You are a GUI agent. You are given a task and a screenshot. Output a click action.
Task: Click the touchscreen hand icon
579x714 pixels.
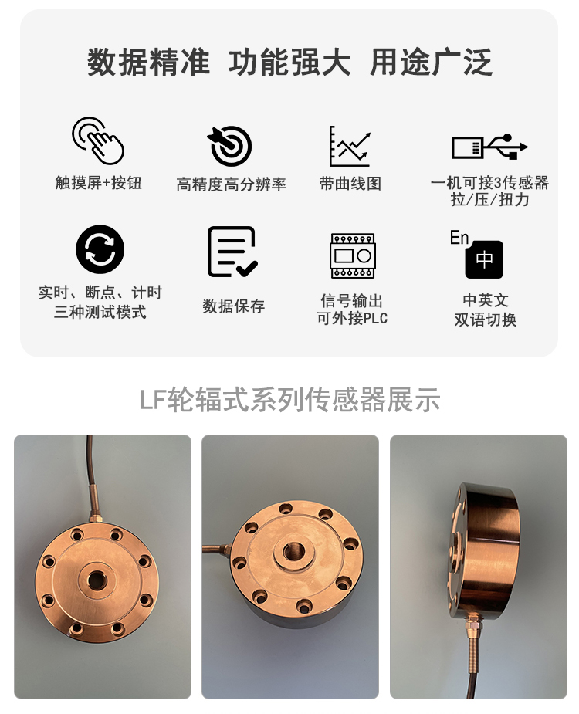click(98, 140)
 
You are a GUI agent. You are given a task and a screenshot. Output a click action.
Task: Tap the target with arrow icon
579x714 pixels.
click(230, 146)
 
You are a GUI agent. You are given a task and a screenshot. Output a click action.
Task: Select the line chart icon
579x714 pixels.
click(350, 146)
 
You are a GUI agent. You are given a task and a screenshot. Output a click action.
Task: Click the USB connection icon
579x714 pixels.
click(489, 147)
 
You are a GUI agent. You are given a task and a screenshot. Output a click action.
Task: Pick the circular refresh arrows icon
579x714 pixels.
click(100, 249)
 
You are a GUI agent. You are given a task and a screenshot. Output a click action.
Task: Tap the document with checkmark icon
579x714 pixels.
click(232, 252)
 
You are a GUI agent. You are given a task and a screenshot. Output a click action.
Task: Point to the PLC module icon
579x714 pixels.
click(352, 256)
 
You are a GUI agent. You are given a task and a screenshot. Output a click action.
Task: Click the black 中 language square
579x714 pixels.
click(484, 259)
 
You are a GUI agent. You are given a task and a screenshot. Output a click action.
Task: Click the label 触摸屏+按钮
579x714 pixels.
click(98, 183)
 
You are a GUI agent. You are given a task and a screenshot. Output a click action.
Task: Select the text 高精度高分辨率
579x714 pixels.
click(231, 184)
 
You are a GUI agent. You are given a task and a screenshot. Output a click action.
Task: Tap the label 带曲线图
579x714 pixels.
click(350, 184)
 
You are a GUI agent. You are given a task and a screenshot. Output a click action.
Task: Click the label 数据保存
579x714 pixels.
click(233, 306)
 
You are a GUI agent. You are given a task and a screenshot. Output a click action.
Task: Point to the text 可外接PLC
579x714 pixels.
click(352, 318)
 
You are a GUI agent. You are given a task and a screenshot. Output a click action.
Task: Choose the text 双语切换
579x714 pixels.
click(485, 320)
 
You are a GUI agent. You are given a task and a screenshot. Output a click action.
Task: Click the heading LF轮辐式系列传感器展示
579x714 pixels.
click(289, 400)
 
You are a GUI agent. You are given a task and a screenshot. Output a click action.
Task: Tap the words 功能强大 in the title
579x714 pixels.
click(289, 63)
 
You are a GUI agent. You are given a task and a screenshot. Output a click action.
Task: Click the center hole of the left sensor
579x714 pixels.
click(96, 580)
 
